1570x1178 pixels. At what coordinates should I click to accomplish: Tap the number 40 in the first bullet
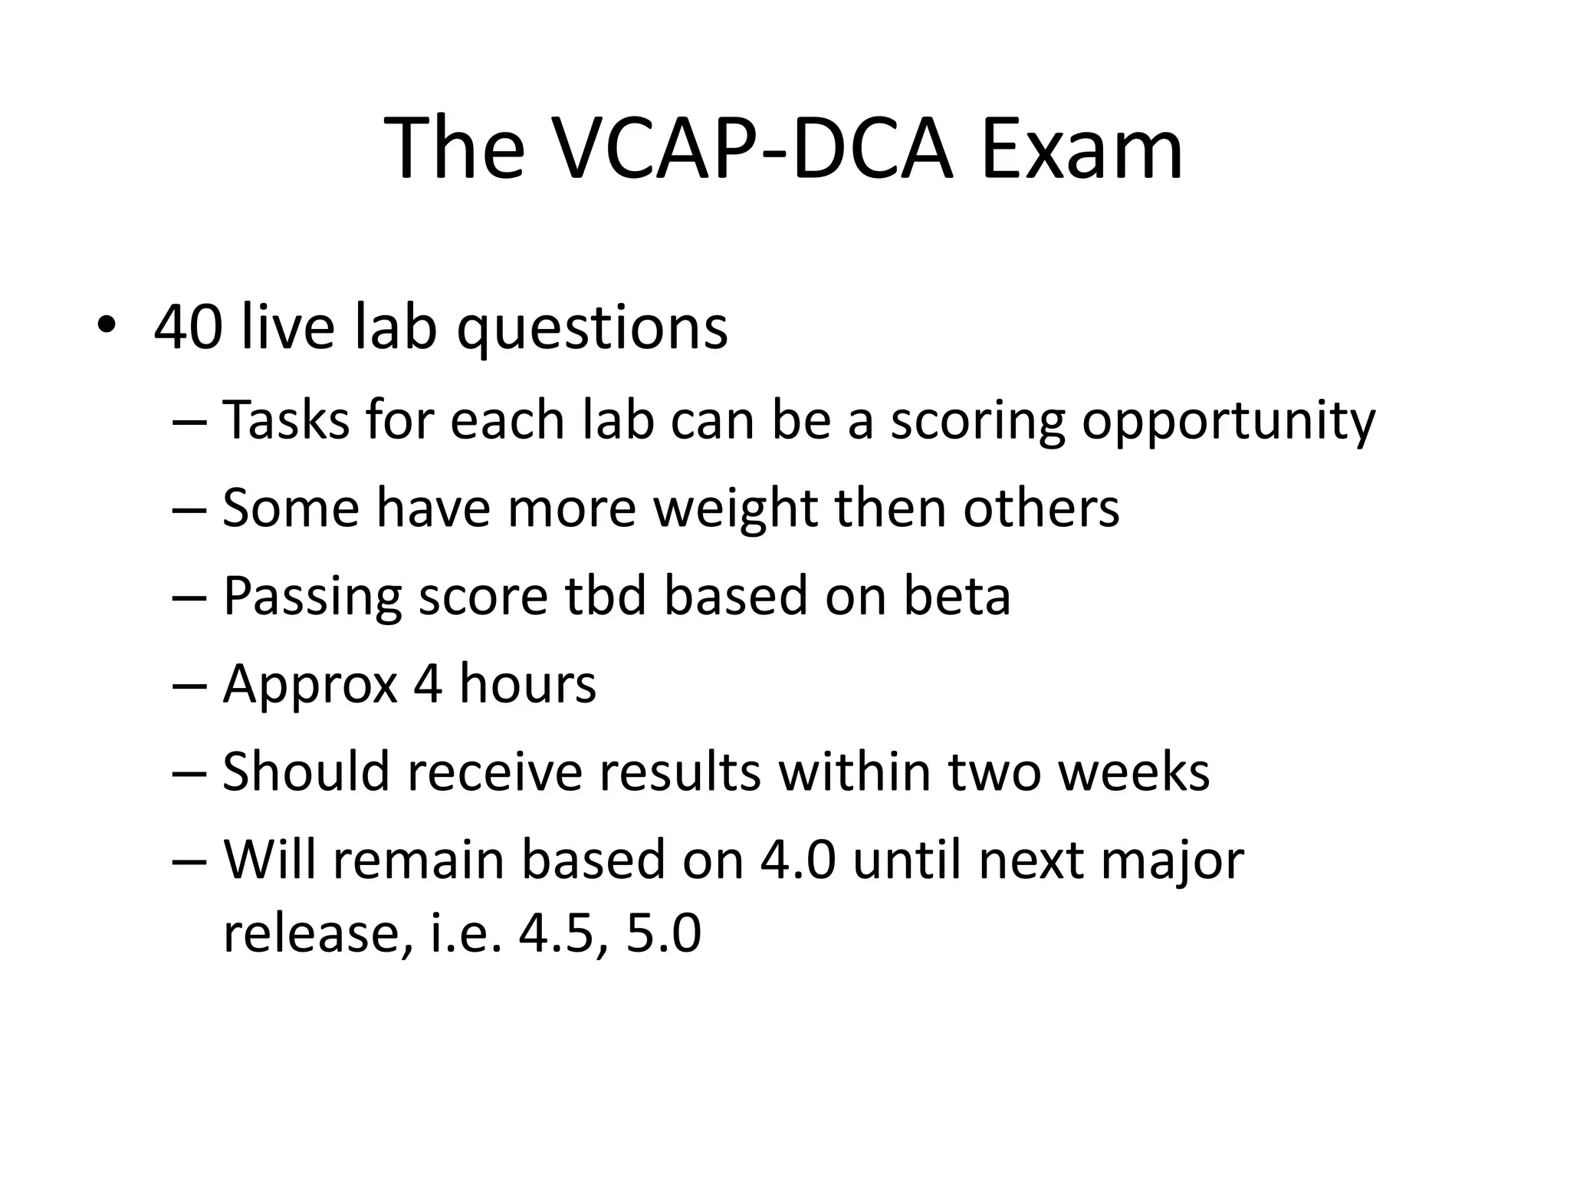tap(189, 327)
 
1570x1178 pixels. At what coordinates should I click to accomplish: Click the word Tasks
tap(286, 420)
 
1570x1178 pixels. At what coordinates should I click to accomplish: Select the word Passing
tap(312, 597)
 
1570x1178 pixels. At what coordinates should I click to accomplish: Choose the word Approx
tap(310, 684)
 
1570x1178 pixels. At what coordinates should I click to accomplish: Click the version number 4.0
tap(797, 860)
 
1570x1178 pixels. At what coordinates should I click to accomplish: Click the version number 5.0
tap(663, 934)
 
